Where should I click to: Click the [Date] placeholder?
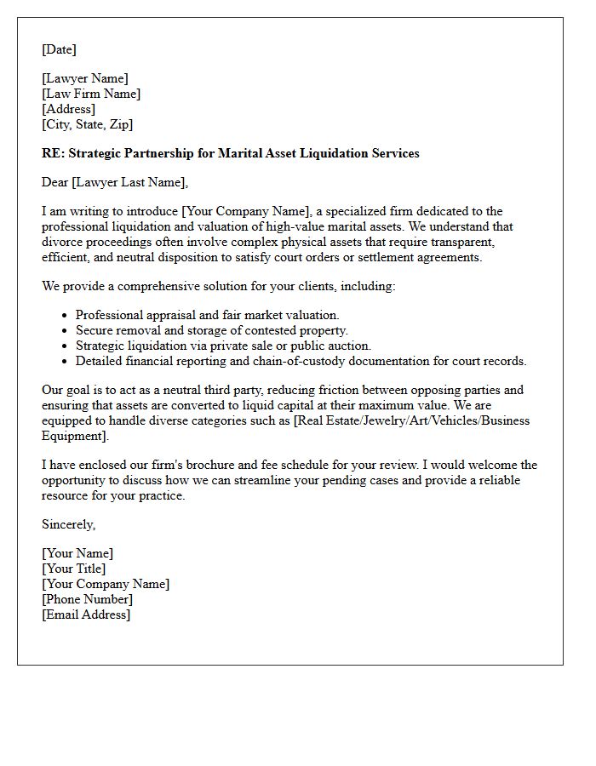click(x=59, y=49)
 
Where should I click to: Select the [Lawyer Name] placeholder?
click(x=85, y=79)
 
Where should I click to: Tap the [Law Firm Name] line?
click(x=91, y=94)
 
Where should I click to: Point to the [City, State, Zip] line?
click(x=87, y=125)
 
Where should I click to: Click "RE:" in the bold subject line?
click(x=52, y=154)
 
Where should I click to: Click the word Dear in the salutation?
click(x=57, y=182)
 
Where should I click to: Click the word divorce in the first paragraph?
click(x=62, y=243)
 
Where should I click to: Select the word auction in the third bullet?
click(x=352, y=346)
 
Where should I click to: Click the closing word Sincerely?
click(x=68, y=524)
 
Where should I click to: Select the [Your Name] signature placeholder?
click(x=77, y=554)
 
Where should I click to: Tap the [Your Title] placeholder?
click(x=74, y=569)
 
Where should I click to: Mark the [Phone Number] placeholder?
click(x=87, y=600)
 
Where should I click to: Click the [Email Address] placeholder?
click(x=86, y=615)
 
